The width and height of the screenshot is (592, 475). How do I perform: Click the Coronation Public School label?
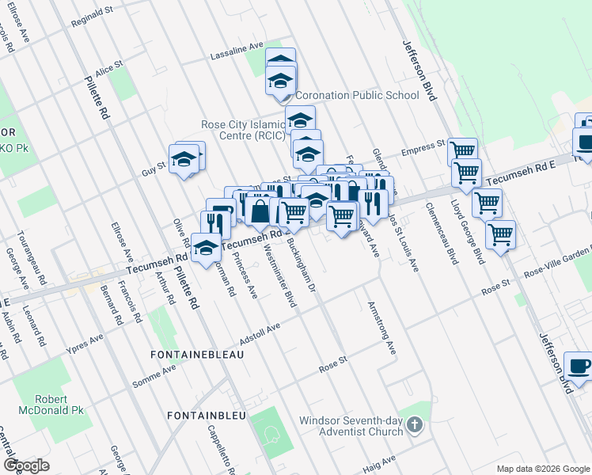[357, 95]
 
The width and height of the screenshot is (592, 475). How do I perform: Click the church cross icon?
[413, 427]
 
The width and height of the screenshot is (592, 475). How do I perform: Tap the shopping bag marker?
[260, 211]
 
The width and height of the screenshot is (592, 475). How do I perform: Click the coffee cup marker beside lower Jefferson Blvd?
[579, 367]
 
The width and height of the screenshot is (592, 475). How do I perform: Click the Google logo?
[26, 465]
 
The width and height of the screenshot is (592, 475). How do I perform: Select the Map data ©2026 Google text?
[542, 468]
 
